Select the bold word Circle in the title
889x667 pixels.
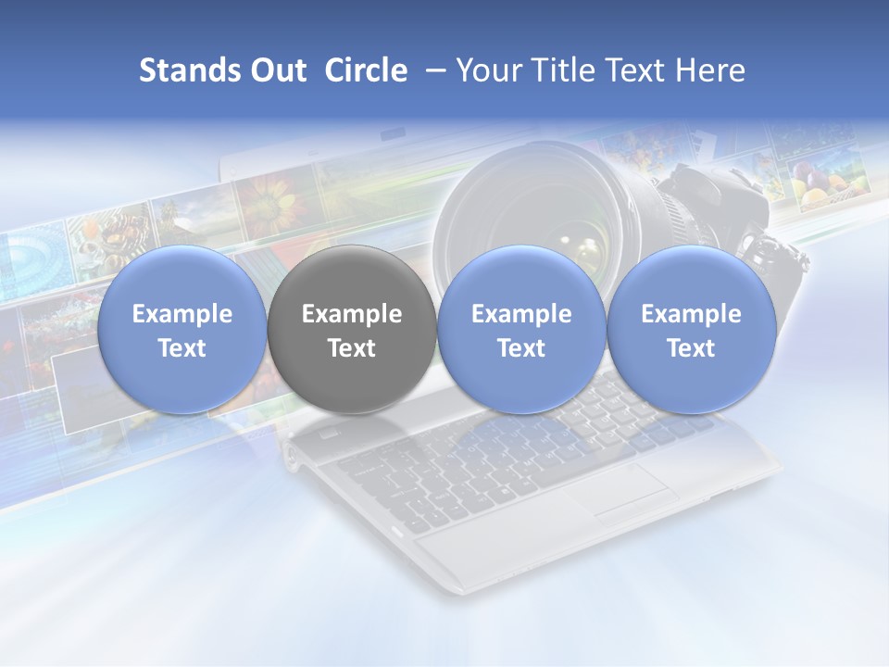tap(366, 70)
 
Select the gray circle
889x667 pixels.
tap(351, 329)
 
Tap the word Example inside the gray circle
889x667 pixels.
tap(351, 314)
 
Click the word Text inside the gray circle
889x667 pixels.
tap(351, 348)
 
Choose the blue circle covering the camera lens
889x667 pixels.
tap(520, 329)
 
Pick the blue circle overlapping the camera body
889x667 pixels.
tap(691, 329)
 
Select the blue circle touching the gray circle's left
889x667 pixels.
tap(182, 329)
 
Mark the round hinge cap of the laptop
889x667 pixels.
tap(293, 455)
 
